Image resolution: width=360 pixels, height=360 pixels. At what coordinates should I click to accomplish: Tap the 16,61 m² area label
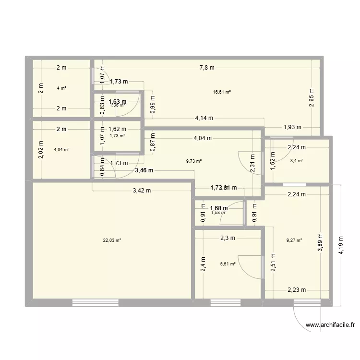[222, 92]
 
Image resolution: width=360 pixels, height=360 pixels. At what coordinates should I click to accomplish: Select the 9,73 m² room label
[194, 161]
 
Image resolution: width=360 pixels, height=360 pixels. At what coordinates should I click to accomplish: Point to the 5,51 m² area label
[228, 263]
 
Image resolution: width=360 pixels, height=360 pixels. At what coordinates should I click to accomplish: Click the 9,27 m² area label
[294, 240]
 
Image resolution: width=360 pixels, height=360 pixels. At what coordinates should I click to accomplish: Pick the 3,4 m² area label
[297, 161]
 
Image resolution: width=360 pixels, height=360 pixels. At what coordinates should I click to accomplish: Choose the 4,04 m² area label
[62, 149]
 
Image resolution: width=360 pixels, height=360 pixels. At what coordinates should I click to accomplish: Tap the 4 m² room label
[61, 88]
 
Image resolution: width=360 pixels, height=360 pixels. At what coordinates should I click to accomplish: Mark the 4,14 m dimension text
[204, 118]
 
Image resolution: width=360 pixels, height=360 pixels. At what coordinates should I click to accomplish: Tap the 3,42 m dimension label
[142, 191]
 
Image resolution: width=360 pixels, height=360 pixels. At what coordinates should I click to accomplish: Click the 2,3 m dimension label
[228, 237]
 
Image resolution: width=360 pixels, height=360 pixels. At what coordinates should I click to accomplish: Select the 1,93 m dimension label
[292, 127]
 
